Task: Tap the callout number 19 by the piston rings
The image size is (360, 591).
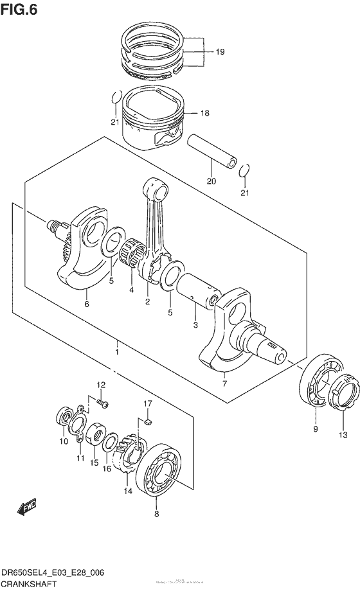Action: [x=220, y=52]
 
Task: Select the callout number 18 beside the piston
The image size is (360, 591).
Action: [x=204, y=113]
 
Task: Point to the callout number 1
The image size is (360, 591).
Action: [x=117, y=352]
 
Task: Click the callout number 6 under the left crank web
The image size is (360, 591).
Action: [x=86, y=306]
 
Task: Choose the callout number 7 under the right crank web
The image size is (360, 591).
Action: [x=224, y=384]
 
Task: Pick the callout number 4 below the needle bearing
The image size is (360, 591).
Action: [x=131, y=290]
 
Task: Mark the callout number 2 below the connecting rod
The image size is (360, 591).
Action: [x=147, y=301]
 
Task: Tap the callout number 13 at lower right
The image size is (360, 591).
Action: [x=342, y=435]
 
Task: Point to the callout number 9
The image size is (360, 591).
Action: [x=315, y=428]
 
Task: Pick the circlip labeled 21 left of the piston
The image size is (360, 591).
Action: [x=114, y=97]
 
